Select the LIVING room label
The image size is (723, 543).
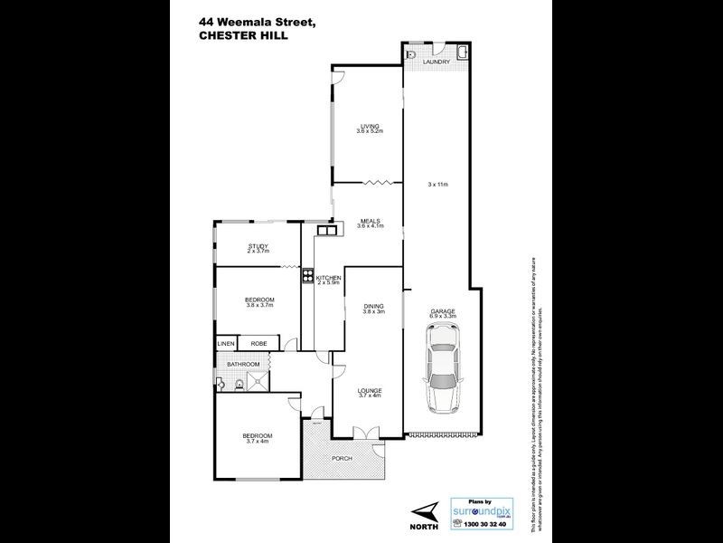(369, 126)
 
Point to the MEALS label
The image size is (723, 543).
(369, 220)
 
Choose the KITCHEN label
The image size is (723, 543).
(328, 277)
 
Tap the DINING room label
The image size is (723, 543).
(374, 306)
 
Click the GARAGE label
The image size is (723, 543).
(444, 310)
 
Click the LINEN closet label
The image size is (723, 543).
(226, 344)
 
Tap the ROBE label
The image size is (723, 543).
(258, 344)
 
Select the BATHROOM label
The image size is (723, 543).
(242, 365)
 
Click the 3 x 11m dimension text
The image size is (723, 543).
(438, 184)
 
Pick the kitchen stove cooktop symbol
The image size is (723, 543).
(308, 278)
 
